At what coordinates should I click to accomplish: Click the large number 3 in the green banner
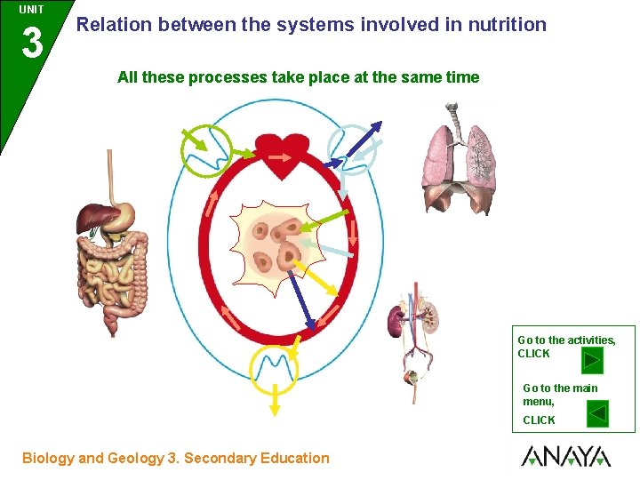pyautogui.click(x=31, y=42)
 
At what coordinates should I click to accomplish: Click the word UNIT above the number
pyautogui.click(x=31, y=9)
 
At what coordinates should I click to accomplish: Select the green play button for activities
pyautogui.click(x=592, y=361)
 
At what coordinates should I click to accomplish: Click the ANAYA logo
pyautogui.click(x=566, y=457)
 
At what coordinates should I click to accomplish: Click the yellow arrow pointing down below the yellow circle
pyautogui.click(x=275, y=404)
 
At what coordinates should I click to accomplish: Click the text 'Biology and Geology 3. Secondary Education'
pyautogui.click(x=176, y=459)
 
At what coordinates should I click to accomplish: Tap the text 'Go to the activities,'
pyautogui.click(x=566, y=340)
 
